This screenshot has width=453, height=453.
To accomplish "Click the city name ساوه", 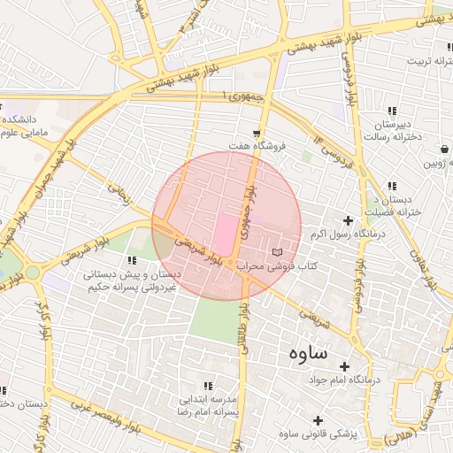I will (x=307, y=351).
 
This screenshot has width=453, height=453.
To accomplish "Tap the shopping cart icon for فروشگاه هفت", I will (x=257, y=133).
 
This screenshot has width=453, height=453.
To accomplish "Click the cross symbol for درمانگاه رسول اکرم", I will (x=348, y=220).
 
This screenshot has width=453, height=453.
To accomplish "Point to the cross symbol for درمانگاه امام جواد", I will (x=344, y=366).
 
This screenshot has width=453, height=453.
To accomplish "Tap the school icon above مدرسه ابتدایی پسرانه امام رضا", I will (x=208, y=387).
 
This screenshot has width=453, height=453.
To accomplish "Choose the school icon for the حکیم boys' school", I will (x=132, y=260).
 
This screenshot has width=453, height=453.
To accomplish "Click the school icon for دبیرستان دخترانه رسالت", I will (x=390, y=111).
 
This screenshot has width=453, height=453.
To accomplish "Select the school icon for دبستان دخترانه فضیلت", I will (x=390, y=186).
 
